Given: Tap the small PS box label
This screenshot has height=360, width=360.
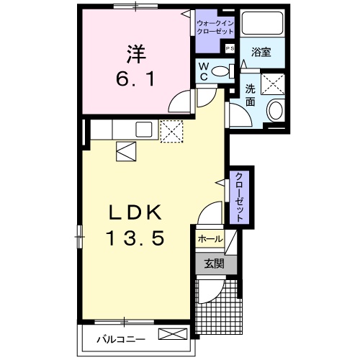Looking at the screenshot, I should [230, 48].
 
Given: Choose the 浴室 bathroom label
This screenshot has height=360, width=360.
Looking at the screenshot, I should [260, 52].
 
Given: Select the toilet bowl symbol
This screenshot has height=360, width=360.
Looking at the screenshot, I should [228, 71].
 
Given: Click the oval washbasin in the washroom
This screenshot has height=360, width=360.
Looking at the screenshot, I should [275, 110].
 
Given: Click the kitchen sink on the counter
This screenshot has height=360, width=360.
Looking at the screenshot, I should [142, 130].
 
